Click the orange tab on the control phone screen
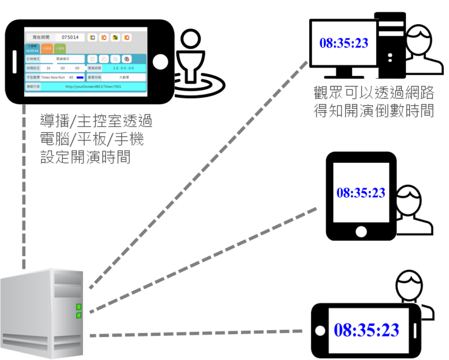(47, 49)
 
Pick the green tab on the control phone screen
(59, 49)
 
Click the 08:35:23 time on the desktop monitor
(344, 43)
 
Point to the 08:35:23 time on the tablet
(361, 192)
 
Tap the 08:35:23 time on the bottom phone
(366, 330)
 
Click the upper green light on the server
(79, 307)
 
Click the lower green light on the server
(79, 315)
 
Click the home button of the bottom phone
(321, 330)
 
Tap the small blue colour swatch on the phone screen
(80, 77)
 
